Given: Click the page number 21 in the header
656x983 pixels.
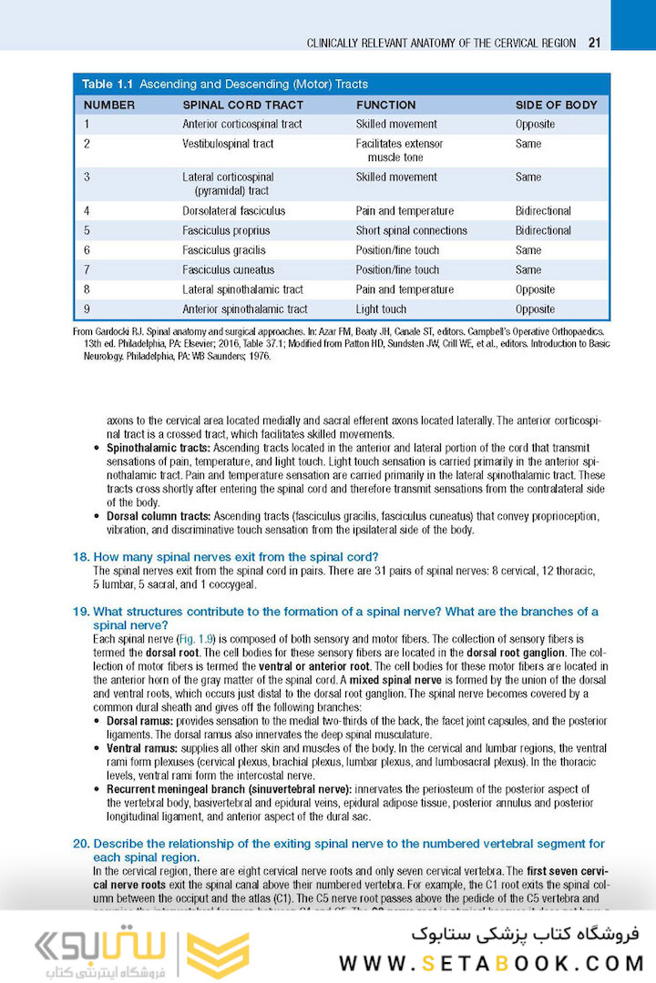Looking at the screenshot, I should (593, 43).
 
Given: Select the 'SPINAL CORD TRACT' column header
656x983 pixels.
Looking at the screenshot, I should (242, 105).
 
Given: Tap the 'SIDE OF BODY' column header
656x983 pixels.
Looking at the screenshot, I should (556, 105).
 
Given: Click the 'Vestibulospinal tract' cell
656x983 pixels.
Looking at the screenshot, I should (228, 144).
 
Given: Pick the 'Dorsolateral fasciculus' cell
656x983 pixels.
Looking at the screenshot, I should (233, 211).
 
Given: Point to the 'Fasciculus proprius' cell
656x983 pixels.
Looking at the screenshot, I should (224, 231).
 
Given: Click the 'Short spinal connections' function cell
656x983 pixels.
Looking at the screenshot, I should (411, 231).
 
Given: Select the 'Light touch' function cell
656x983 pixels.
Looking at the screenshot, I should (381, 309).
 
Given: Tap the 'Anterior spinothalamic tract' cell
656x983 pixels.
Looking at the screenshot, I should (245, 309).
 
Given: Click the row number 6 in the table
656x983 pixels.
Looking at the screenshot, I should (87, 250).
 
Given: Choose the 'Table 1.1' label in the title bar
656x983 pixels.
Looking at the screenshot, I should (110, 84).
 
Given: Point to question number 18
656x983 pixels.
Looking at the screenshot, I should (80, 557).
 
